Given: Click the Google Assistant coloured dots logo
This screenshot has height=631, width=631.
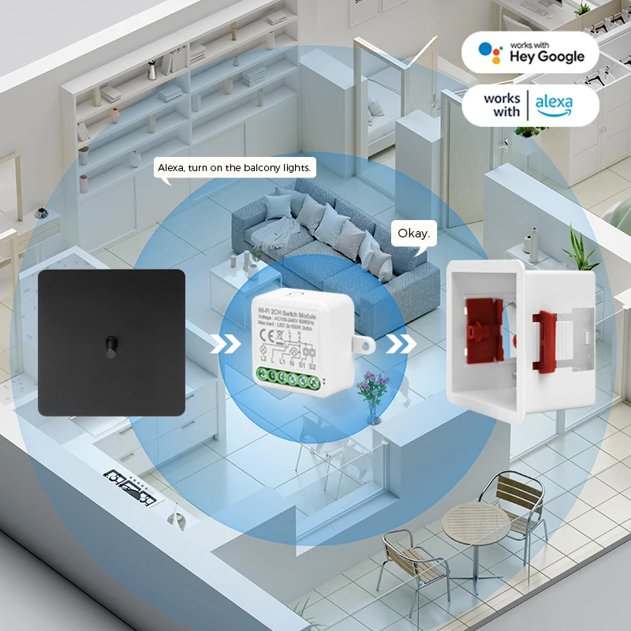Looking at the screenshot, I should pyautogui.click(x=491, y=52).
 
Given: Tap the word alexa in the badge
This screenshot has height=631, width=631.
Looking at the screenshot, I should pyautogui.click(x=554, y=103).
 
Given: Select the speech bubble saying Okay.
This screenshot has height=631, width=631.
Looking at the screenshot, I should pyautogui.click(x=413, y=233).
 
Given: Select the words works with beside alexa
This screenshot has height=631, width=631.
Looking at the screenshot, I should pyautogui.click(x=502, y=105).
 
